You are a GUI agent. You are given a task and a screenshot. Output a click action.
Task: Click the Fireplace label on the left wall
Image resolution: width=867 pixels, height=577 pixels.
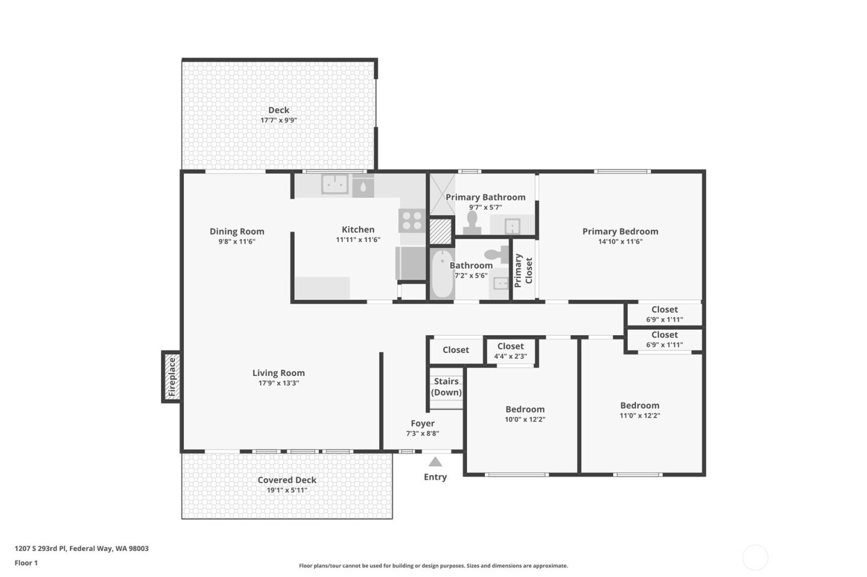pos(172,377)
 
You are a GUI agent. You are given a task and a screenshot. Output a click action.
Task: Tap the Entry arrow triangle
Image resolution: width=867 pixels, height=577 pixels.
pos(435,462)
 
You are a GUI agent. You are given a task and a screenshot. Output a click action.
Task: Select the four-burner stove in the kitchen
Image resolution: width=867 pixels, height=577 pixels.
pos(411,221)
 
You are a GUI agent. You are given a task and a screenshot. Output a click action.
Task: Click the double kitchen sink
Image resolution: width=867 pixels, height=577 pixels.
pos(334,184)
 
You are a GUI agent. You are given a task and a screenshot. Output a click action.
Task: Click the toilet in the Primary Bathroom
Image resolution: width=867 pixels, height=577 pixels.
pos(473,223)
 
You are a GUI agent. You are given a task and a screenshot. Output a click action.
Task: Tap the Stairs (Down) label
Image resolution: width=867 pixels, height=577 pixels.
pos(446,387)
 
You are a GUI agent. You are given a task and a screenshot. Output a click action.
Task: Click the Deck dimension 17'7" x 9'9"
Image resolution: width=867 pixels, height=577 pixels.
pos(279,121)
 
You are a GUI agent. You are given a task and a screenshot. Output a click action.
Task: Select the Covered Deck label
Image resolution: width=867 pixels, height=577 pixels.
pos(287,480)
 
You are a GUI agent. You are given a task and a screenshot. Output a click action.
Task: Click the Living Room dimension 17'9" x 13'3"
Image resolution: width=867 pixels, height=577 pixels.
pos(279,383)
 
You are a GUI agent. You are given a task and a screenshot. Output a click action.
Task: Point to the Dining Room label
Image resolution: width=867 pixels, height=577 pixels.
pos(237,231)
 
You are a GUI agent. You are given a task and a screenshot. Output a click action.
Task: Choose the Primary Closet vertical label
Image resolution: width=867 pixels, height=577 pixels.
pos(523,270)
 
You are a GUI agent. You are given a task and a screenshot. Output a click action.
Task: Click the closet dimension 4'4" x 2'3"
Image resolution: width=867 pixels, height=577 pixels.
pos(510,357)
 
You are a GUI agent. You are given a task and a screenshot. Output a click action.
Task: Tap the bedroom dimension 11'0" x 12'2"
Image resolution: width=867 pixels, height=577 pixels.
pos(640,416)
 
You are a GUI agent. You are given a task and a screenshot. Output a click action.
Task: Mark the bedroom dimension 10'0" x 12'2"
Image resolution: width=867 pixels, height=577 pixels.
pos(525,419)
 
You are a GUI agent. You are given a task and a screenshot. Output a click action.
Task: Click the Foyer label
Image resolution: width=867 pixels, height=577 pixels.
pos(422,424)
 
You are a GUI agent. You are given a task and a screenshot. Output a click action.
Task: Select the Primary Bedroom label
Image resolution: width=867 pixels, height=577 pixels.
pos(620,231)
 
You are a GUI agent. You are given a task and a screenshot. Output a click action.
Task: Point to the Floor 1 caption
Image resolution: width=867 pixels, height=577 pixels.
pos(26,563)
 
